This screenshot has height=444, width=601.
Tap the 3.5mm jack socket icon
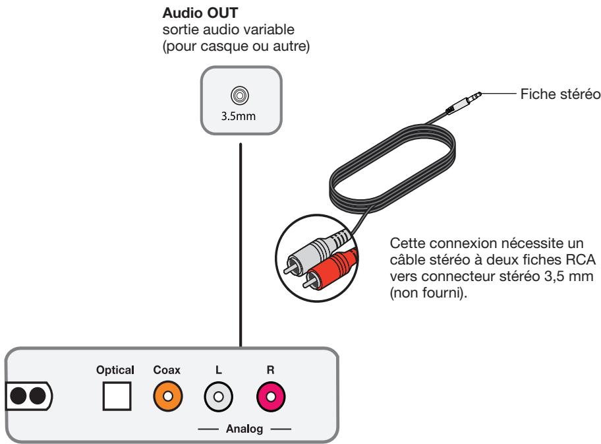(x=241, y=96)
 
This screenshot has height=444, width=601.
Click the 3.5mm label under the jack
(x=241, y=113)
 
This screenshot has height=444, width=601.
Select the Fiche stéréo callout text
(x=558, y=94)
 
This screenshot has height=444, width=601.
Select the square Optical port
(x=115, y=396)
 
